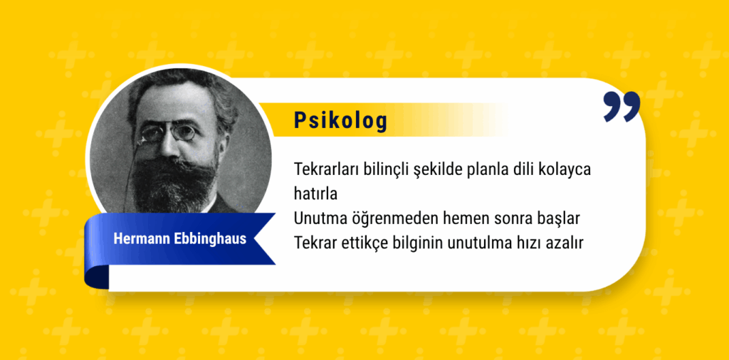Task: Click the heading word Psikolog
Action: coord(340,120)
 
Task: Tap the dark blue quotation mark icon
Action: coord(622,107)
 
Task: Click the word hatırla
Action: coord(315,194)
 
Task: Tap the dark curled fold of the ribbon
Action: coord(97,276)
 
